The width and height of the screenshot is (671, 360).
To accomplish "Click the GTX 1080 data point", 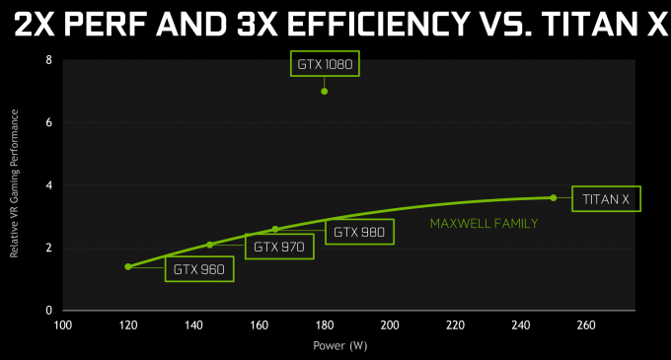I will [324, 92].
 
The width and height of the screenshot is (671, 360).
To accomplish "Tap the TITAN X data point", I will [553, 197].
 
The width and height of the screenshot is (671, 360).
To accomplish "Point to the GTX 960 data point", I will [128, 266].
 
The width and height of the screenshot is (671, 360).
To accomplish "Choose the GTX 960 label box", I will [199, 268].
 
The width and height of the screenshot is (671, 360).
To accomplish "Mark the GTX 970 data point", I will [210, 245].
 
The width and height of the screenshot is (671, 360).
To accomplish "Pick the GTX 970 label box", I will [279, 246].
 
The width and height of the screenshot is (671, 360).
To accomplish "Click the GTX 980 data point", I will [275, 229].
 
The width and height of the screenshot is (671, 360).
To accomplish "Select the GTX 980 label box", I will [359, 232].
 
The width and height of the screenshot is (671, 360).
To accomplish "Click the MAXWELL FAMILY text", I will [484, 224].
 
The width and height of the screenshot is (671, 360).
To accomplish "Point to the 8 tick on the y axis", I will [48, 60].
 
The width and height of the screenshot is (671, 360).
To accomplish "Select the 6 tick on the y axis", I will [48, 123].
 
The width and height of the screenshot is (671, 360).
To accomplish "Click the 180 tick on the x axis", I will [324, 324].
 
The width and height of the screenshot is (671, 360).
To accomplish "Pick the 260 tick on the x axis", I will [585, 324].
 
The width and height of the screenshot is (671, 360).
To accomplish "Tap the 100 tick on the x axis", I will [62, 324].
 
